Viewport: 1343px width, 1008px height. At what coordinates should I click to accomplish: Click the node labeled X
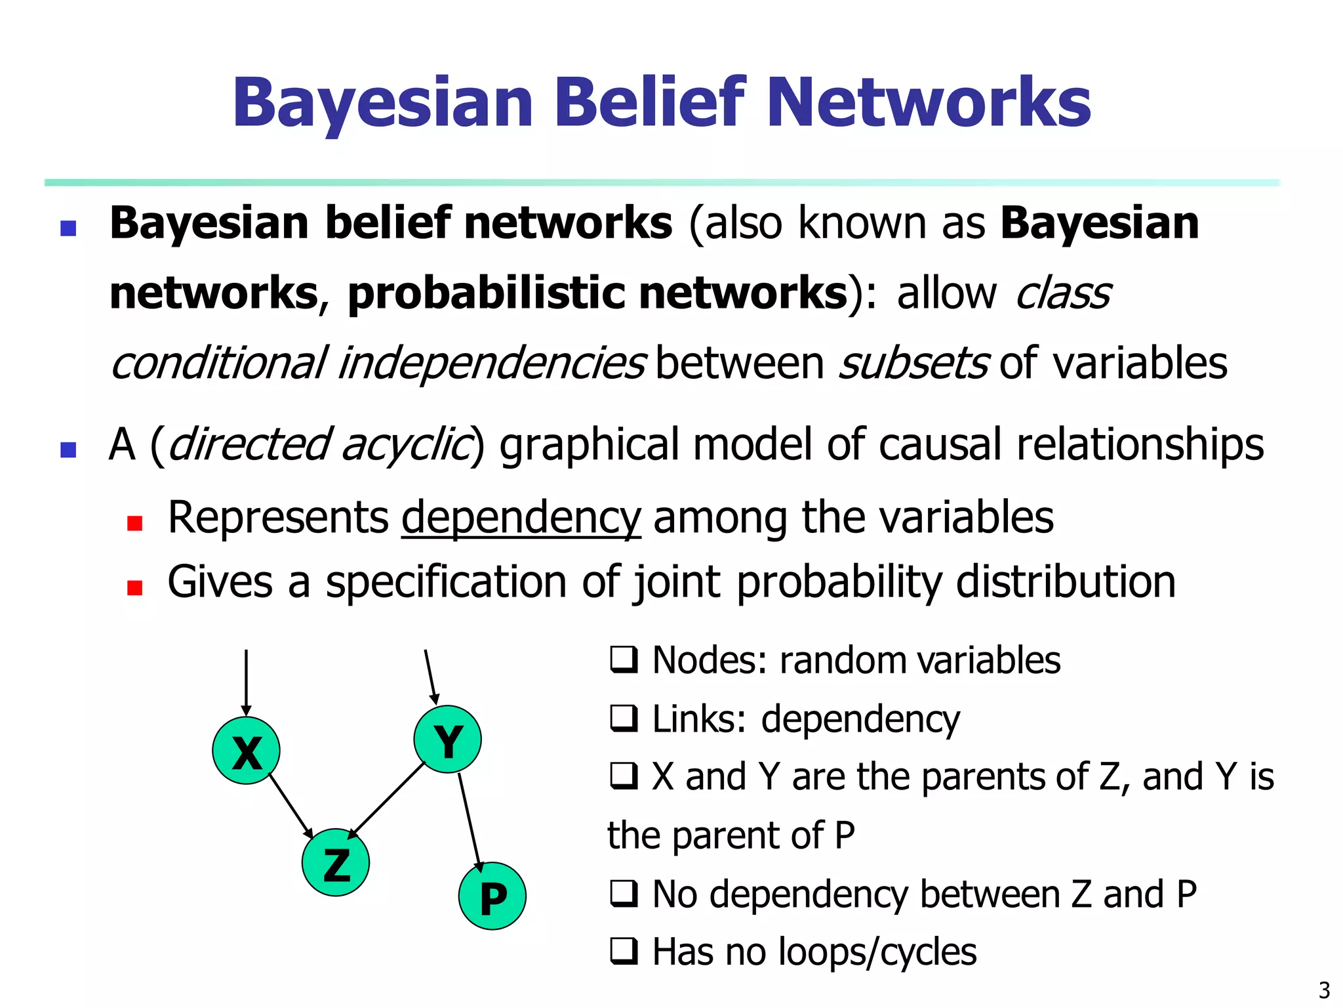(x=246, y=750)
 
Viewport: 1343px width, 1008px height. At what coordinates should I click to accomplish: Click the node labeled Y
(x=447, y=739)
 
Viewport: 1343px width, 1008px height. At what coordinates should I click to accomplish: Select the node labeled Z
(x=336, y=862)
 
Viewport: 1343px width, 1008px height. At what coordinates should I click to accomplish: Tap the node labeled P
(x=492, y=896)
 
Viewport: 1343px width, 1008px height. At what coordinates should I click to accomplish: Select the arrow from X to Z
(x=291, y=805)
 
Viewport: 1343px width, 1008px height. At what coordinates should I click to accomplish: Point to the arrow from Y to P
(x=470, y=822)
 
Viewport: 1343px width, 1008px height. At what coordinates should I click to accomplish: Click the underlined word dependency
(x=521, y=518)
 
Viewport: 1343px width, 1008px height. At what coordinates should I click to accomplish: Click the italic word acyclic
(x=406, y=445)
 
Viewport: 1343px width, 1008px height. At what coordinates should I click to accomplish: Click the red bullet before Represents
(x=135, y=523)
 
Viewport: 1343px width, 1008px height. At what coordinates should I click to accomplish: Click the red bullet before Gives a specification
(x=135, y=587)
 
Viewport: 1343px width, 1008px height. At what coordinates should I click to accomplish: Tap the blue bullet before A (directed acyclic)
(x=68, y=450)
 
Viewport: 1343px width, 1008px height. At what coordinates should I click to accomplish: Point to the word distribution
(x=1066, y=582)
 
